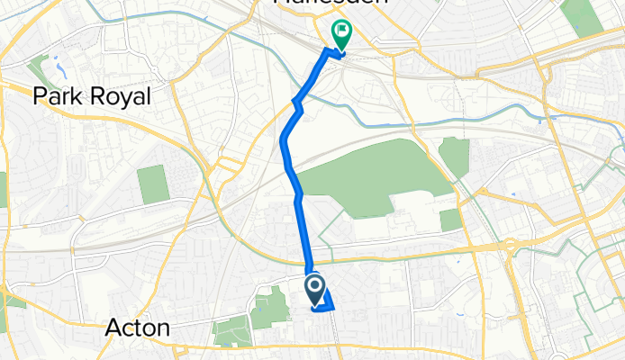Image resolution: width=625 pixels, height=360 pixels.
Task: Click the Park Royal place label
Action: coord(91,96)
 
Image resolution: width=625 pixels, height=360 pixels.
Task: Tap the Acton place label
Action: coord(138,328)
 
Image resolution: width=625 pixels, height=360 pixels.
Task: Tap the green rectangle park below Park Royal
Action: coord(153,184)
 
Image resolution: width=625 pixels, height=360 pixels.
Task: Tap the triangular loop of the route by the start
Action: coord(325,300)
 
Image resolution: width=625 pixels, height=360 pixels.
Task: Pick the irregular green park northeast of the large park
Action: coord(454,157)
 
